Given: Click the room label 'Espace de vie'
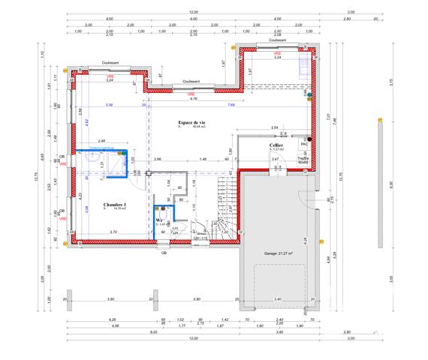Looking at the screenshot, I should [x=192, y=121].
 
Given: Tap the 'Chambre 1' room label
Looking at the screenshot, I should [x=115, y=205].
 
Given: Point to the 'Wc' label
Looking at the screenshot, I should [x=159, y=220].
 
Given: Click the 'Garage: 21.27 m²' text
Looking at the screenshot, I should [x=277, y=254].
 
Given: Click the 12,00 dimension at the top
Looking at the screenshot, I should [x=193, y=13].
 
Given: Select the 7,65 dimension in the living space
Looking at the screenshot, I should [x=231, y=106].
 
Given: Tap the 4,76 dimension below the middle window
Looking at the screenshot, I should [x=193, y=98].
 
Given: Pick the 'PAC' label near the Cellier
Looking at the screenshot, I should [x=304, y=145].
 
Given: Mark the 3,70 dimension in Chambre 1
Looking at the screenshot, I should [x=113, y=232].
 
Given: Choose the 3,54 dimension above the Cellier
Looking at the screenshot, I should [x=274, y=127].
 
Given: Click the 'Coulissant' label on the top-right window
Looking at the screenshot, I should [x=276, y=42].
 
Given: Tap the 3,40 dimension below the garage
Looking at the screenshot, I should [x=279, y=300].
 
